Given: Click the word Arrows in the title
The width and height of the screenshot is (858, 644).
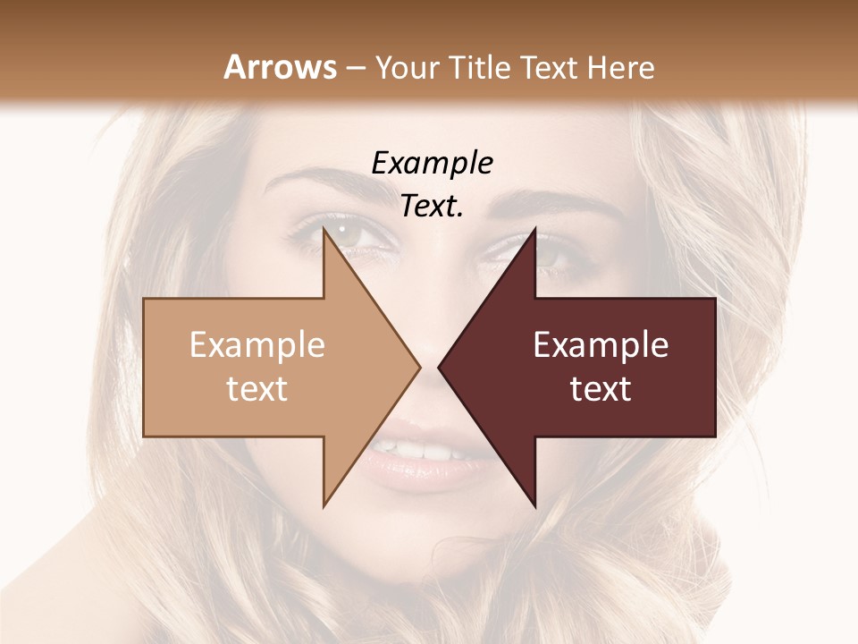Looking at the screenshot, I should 280,67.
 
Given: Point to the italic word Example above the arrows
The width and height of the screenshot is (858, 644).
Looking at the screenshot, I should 433,164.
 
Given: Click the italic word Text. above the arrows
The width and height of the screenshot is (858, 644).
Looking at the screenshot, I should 433,207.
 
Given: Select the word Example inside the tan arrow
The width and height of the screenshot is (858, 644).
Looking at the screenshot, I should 257,345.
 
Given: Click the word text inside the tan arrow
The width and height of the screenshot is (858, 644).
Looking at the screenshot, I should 257,389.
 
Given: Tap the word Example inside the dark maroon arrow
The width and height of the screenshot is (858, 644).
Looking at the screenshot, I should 601,345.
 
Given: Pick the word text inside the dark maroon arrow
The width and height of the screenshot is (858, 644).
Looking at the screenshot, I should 601,389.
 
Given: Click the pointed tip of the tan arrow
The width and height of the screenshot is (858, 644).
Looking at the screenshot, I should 420,366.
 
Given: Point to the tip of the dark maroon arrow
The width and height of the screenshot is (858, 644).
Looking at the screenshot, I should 439,366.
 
